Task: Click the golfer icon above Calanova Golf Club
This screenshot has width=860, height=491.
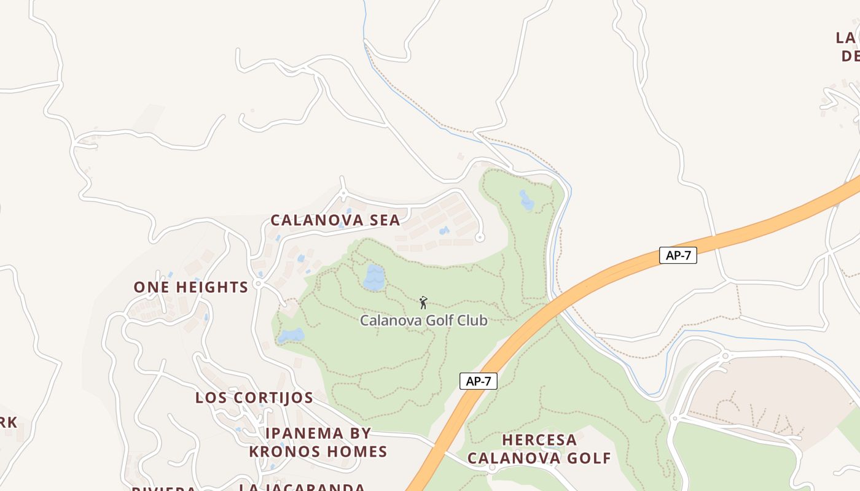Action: click(x=423, y=302)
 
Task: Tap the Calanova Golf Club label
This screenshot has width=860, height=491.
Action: click(x=423, y=320)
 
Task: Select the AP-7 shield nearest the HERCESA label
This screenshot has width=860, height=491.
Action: click(x=478, y=381)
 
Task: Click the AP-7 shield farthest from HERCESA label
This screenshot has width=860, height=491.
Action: click(x=678, y=256)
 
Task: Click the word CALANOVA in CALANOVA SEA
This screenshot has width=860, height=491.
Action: click(x=318, y=220)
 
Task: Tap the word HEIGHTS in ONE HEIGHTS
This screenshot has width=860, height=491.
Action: click(x=212, y=287)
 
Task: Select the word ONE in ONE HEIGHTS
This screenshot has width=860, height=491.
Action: click(x=152, y=287)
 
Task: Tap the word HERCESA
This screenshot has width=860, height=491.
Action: click(x=539, y=440)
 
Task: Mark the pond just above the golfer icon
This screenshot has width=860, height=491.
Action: click(x=373, y=277)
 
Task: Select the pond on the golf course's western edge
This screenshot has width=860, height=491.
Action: click(x=291, y=336)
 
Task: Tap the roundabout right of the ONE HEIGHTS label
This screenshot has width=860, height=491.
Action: click(x=259, y=284)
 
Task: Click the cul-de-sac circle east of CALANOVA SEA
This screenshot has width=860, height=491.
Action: click(x=480, y=237)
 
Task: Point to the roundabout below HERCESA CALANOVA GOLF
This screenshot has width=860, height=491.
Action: click(x=492, y=468)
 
